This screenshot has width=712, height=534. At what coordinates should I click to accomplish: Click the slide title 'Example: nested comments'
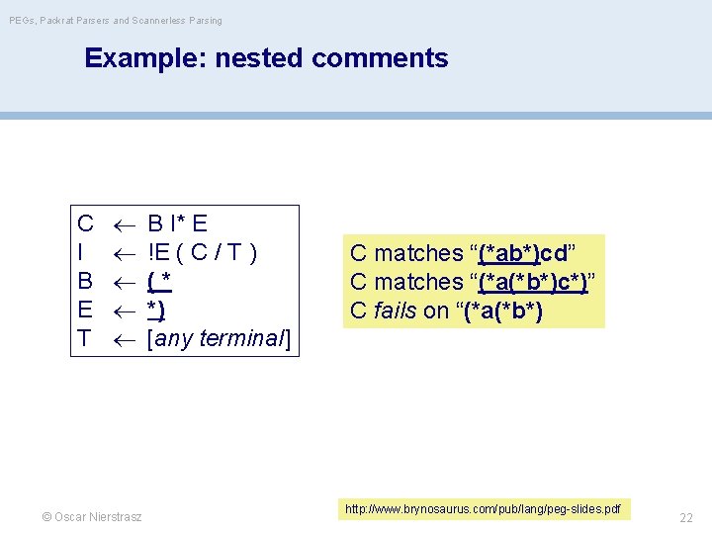(266, 58)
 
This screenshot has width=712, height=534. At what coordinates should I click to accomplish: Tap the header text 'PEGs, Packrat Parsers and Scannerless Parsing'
(115, 20)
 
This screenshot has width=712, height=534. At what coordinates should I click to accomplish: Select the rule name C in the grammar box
(86, 223)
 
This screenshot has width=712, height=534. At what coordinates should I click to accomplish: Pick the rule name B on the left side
(86, 281)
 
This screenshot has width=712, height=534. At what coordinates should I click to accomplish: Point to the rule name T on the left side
(85, 338)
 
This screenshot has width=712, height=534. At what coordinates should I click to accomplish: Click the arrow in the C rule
(121, 224)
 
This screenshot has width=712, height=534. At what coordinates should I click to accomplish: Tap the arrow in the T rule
(121, 339)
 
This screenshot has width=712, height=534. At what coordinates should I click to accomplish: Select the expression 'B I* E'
(177, 223)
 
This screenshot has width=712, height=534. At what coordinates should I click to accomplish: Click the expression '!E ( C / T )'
(202, 252)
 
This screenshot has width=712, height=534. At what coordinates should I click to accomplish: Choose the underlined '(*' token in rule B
(159, 281)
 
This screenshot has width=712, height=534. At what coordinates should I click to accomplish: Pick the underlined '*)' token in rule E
(156, 310)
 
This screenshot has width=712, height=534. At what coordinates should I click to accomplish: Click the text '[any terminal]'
(219, 338)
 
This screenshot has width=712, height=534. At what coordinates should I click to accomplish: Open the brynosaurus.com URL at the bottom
(484, 509)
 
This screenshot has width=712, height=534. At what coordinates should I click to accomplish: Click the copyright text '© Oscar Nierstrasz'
(92, 517)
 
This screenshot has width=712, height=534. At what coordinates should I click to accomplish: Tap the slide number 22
(686, 517)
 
